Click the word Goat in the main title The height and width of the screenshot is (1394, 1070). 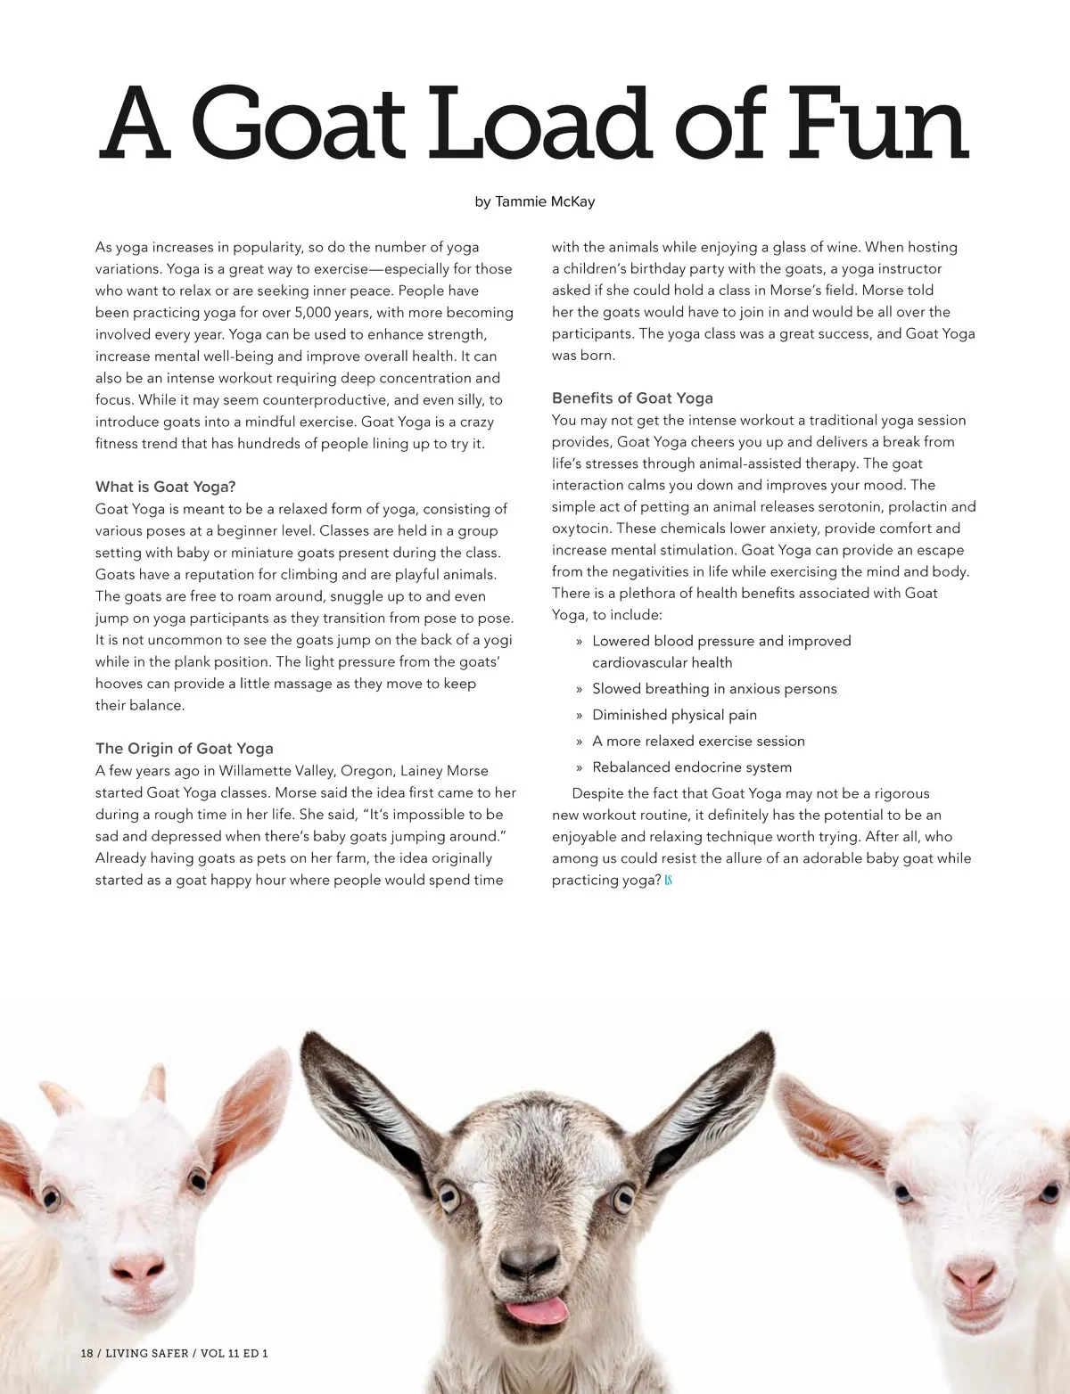pos(298,125)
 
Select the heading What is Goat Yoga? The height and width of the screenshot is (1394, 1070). pos(166,487)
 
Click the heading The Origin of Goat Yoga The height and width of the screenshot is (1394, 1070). pos(185,749)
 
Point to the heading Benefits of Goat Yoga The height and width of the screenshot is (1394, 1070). pos(632,398)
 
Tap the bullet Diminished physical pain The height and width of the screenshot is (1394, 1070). pos(674,715)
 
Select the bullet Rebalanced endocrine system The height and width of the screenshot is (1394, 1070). pos(692,767)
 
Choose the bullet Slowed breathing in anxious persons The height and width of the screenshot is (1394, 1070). pos(714,689)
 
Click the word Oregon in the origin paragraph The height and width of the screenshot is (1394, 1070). pos(366,771)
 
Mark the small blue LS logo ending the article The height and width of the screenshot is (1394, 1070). pos(668,881)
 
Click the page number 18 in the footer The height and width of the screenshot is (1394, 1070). pos(86,1353)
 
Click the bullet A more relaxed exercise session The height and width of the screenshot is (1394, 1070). pos(698,742)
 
